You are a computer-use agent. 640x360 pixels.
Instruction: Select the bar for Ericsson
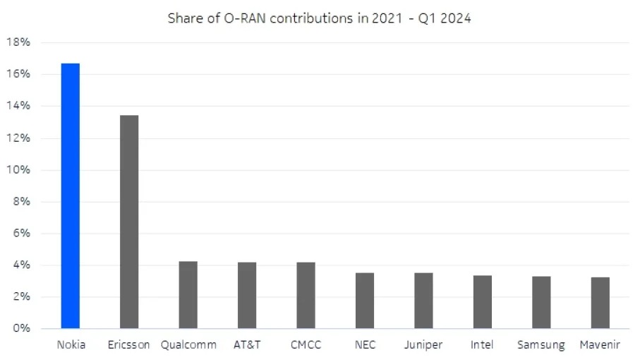(x=129, y=222)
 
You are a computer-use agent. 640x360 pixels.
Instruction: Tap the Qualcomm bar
(x=188, y=295)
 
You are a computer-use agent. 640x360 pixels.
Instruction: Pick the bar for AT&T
(x=247, y=296)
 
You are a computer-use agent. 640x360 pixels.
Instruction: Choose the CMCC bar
(x=306, y=296)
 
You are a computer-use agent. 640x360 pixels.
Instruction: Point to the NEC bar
(x=365, y=301)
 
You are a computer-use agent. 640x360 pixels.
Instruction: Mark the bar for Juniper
(x=423, y=301)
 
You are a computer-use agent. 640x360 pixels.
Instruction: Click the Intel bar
(x=483, y=302)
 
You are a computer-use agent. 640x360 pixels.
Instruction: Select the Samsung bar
(x=541, y=303)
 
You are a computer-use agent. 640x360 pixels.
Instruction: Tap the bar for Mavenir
(x=600, y=303)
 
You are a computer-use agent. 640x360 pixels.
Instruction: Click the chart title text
(x=319, y=18)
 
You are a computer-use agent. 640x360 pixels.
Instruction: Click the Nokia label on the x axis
(x=71, y=345)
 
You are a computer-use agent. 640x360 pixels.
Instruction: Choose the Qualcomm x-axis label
(x=188, y=345)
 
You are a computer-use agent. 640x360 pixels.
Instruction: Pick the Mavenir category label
(x=600, y=345)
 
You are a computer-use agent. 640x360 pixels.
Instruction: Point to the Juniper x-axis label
(x=423, y=345)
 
